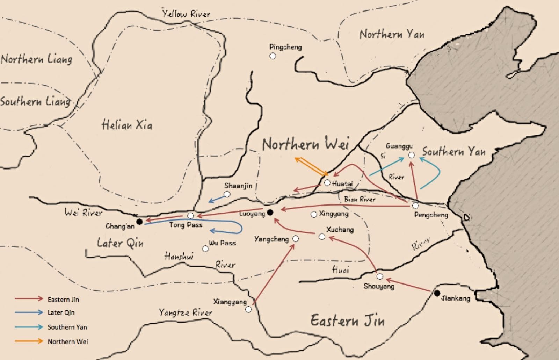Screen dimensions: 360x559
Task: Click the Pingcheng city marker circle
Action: point(273,56)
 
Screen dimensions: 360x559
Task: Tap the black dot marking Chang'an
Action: point(139,221)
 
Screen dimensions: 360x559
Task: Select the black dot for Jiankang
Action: point(437,293)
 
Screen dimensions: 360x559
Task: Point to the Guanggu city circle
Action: point(412,155)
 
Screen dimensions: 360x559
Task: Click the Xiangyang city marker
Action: point(248,309)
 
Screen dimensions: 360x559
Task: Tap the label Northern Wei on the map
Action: point(305,144)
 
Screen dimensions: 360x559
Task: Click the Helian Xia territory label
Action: point(127,124)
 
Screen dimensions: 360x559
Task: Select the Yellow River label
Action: point(186,14)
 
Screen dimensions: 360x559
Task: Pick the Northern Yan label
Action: point(392,34)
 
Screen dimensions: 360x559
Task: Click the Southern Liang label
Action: point(35,102)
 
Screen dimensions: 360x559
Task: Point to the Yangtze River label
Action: point(186,312)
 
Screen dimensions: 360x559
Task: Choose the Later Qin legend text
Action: point(61,312)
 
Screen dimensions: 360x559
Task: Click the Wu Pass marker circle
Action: point(205,249)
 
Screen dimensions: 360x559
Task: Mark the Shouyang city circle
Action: point(379,277)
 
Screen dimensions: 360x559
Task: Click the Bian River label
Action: point(360,199)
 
